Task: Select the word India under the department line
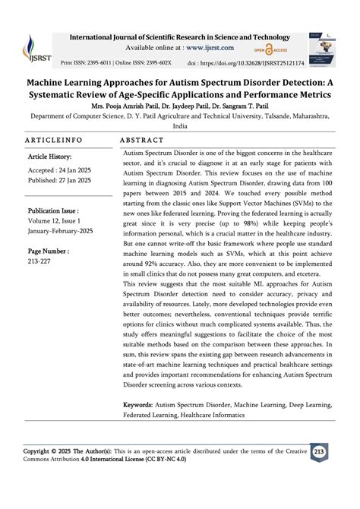click(x=180, y=126)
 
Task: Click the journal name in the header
click(x=179, y=37)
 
